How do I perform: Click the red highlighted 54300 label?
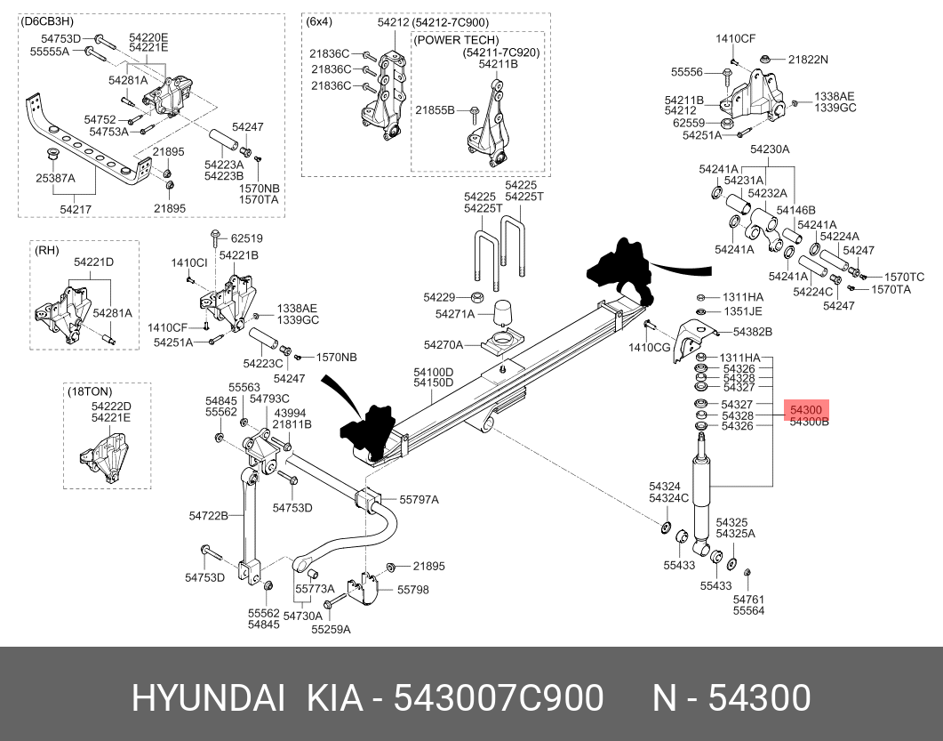click(x=806, y=410)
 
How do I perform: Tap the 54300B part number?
click(x=810, y=422)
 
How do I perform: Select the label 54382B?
click(x=753, y=332)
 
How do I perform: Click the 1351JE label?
click(x=742, y=311)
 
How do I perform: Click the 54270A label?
click(x=444, y=345)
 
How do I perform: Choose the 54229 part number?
click(x=439, y=297)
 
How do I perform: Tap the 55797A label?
click(x=420, y=500)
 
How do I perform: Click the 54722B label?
click(x=209, y=515)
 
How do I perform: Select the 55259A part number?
click(x=331, y=629)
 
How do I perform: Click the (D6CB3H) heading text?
click(x=47, y=21)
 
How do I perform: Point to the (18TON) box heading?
click(x=90, y=392)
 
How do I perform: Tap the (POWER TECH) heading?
click(x=457, y=40)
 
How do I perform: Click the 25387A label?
click(x=55, y=178)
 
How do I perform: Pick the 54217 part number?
click(x=76, y=209)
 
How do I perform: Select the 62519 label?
click(x=246, y=238)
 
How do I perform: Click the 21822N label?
click(x=808, y=60)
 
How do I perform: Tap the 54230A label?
click(x=770, y=149)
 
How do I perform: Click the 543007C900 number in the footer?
click(x=499, y=698)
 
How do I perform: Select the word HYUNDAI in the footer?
click(x=208, y=698)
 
